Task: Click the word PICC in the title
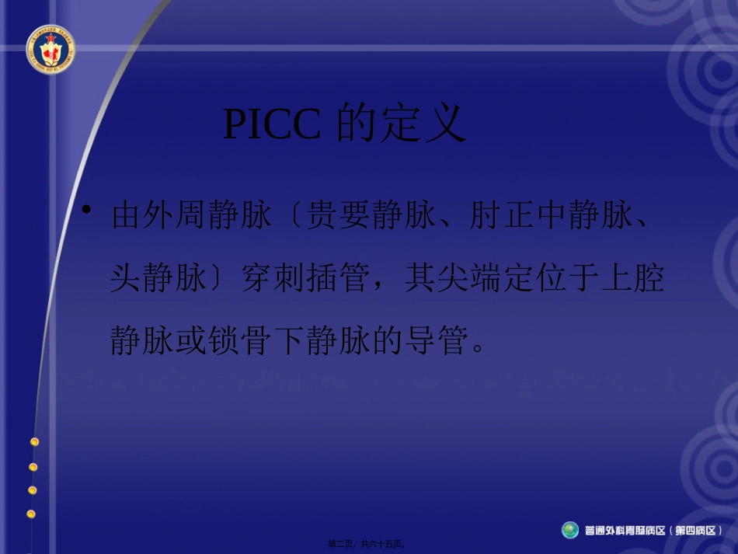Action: coord(271,124)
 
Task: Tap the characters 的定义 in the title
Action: coord(401,124)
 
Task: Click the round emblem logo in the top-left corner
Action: coord(50,49)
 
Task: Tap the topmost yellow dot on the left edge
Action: coord(34,441)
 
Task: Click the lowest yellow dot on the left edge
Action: coord(31,514)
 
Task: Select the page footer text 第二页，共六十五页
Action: coord(368,544)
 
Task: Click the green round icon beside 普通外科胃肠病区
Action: coord(570,530)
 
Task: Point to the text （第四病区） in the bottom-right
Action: coord(698,531)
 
